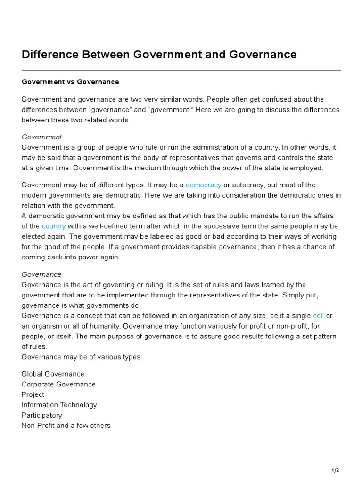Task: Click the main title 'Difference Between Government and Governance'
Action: pyautogui.click(x=159, y=55)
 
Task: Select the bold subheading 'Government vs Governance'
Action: pyautogui.click(x=70, y=82)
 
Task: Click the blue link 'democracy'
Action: pyautogui.click(x=203, y=185)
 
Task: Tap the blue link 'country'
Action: pyautogui.click(x=54, y=226)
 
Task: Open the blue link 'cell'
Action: pyautogui.click(x=318, y=316)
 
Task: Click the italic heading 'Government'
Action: pyautogui.click(x=41, y=137)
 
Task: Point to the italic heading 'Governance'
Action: pyautogui.click(x=41, y=274)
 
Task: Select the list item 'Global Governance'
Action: pyautogui.click(x=53, y=374)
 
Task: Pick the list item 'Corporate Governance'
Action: pyautogui.click(x=58, y=385)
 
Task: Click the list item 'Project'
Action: pyautogui.click(x=33, y=395)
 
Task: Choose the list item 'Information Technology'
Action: pyautogui.click(x=59, y=405)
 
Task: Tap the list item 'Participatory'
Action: pyautogui.click(x=41, y=416)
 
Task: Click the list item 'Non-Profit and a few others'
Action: pyautogui.click(x=66, y=426)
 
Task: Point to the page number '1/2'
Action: pyautogui.click(x=335, y=470)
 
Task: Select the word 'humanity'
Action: pyautogui.click(x=106, y=326)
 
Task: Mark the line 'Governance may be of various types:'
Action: pyautogui.click(x=82, y=357)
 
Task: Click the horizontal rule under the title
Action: pyautogui.click(x=181, y=70)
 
